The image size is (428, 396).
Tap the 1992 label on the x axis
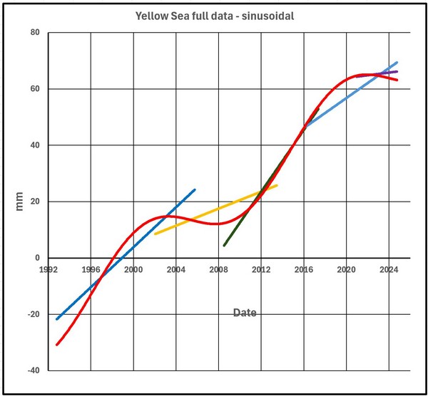point(49,269)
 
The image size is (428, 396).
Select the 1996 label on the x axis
point(91,269)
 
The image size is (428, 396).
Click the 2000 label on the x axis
point(133,269)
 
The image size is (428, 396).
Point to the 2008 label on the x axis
point(218,269)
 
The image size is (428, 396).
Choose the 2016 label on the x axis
point(303,269)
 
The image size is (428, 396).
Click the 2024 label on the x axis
point(388,269)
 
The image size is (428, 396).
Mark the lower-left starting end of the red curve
point(57,344)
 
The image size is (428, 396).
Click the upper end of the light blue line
point(397,63)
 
